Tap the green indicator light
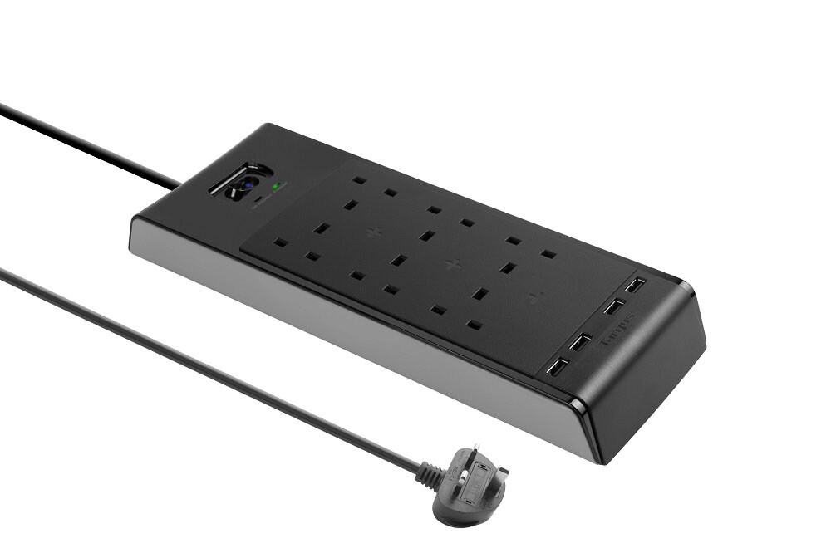pyautogui.click(x=275, y=186)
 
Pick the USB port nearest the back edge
pyautogui.click(x=635, y=285)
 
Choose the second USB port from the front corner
pyautogui.click(x=581, y=341)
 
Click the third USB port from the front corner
pyautogui.click(x=612, y=307)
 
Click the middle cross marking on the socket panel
pyautogui.click(x=452, y=265)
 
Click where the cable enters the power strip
pyautogui.click(x=178, y=184)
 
